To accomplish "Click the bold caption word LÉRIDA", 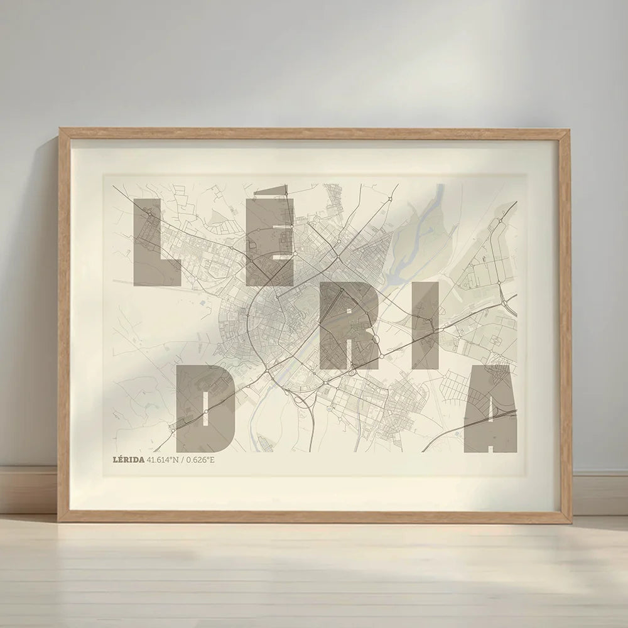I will click(x=129, y=460).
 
